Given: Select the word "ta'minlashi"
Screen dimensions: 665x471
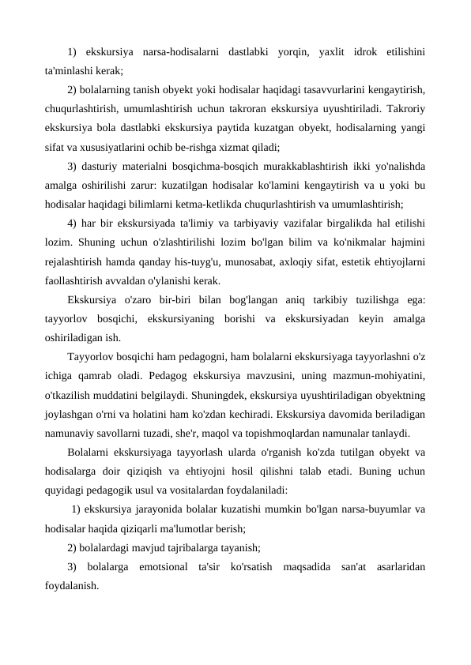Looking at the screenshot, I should tap(70, 71).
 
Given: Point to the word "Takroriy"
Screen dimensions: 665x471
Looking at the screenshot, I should tap(401, 108).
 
